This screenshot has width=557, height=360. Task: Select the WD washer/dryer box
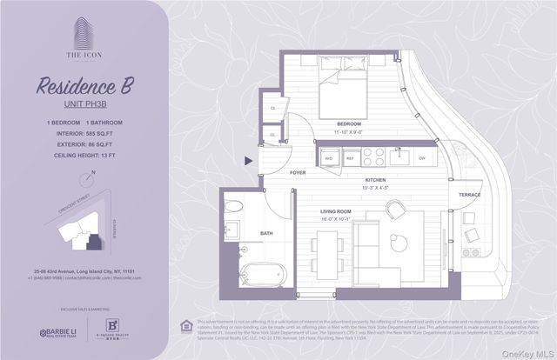pos(305,159)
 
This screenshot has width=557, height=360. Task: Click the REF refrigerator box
pos(327,159)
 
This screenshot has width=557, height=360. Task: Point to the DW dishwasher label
pos(422,159)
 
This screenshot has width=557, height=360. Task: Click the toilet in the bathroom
pos(237,206)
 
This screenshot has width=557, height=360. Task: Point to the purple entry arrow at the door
pos(250,159)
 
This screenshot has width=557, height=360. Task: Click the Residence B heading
pos(84,85)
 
